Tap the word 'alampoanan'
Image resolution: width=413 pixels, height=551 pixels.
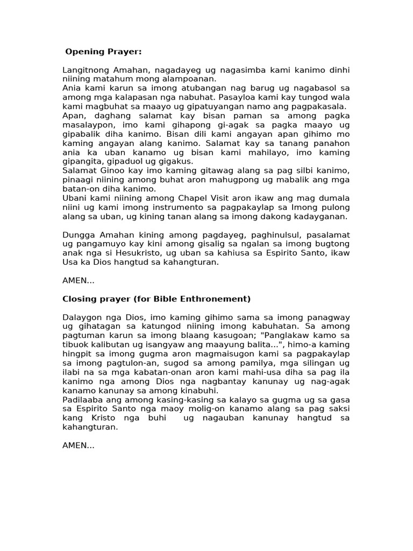[191, 79]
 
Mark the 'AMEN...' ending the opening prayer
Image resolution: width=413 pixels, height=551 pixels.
[79, 280]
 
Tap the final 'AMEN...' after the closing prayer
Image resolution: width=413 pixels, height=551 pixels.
[79, 446]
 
